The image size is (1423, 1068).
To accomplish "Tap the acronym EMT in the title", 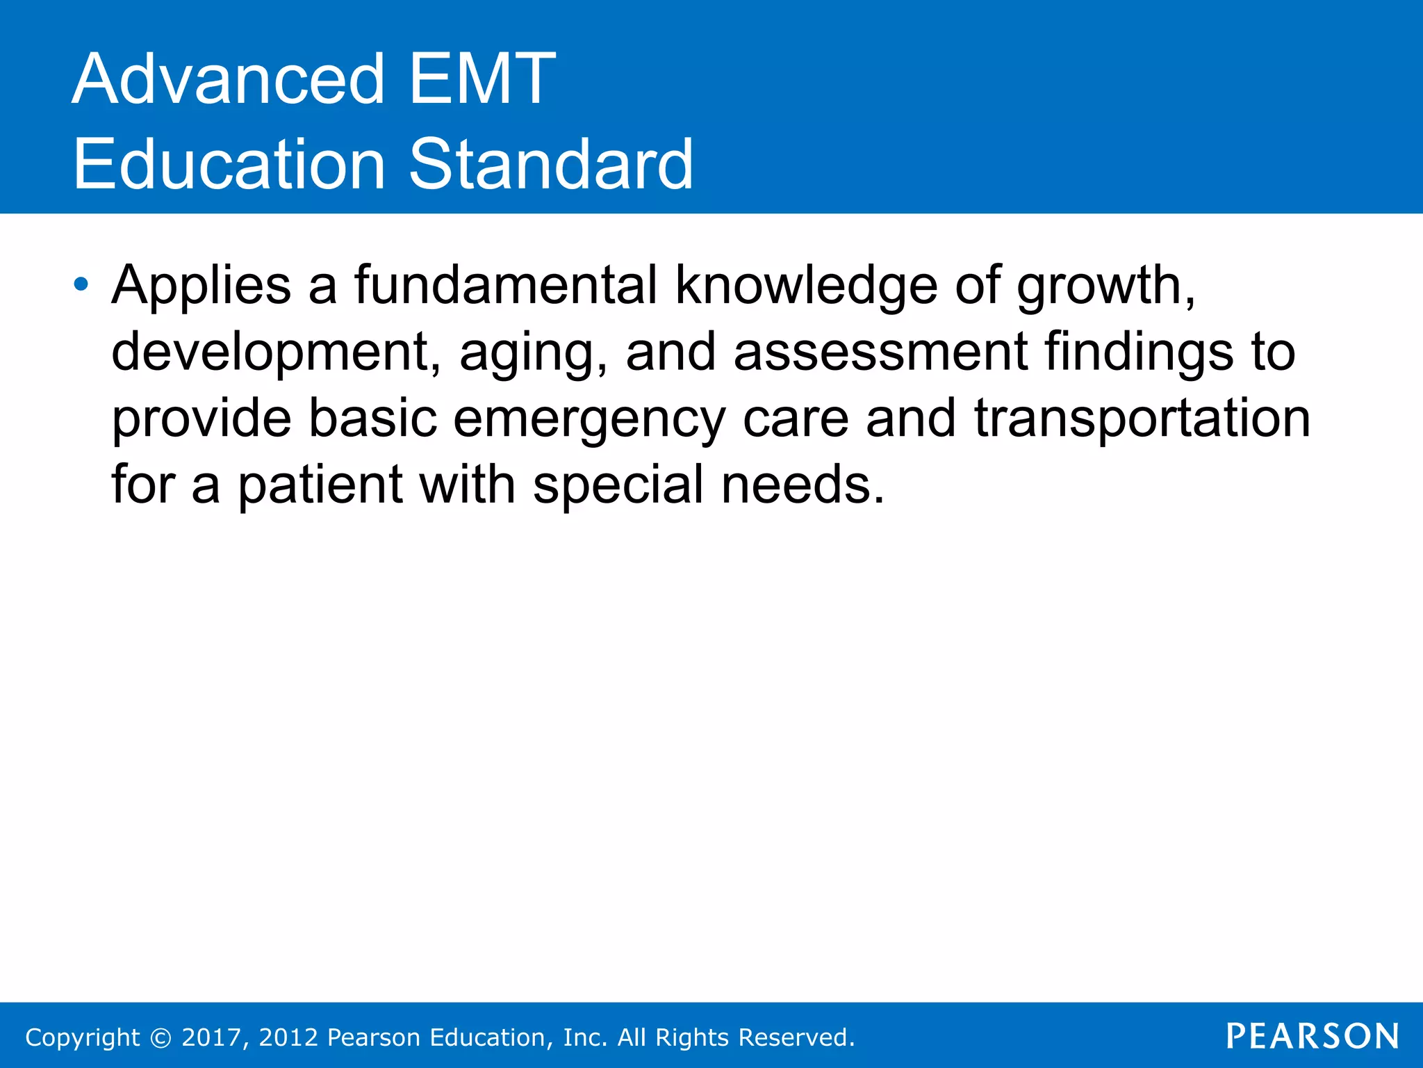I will pos(482,80).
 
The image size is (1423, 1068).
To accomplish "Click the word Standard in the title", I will pos(550,165).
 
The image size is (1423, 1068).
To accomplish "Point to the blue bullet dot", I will pos(81,284).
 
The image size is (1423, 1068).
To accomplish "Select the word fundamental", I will pos(505,285).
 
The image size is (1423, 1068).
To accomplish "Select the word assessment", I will pos(880,352).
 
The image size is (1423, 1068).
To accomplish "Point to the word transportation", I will pos(1142,419).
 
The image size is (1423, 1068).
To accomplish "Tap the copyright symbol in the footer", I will pos(161,1037).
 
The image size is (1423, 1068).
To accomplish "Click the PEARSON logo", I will pos(1313,1036).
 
